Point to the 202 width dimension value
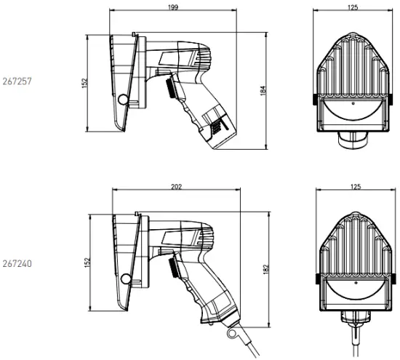point(175,187)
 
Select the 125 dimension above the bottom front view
point(355,187)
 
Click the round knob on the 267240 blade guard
point(127,278)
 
